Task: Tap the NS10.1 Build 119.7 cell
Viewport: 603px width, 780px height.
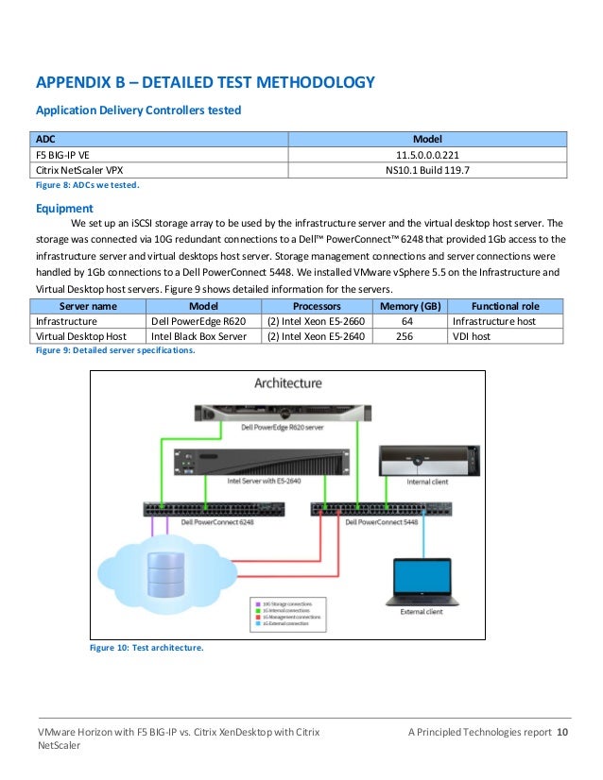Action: [427, 170]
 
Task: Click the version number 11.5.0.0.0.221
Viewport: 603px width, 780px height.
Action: [427, 155]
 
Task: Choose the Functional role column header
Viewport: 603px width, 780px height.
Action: [505, 307]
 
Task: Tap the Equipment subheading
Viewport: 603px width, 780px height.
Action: [63, 209]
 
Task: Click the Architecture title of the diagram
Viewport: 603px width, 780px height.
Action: [287, 382]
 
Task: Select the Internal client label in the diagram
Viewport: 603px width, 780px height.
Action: [422, 483]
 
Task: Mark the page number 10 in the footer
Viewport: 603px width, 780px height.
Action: [562, 733]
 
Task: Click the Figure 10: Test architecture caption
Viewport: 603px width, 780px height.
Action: [146, 648]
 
